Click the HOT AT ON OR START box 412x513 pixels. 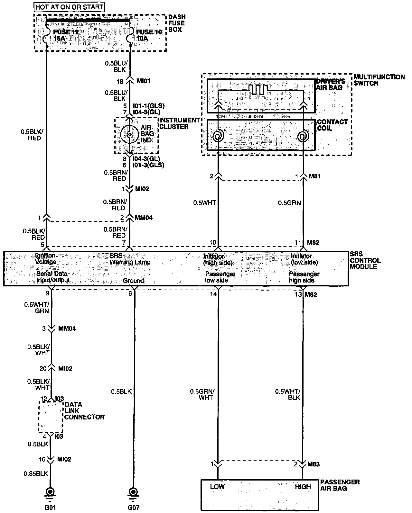(x=70, y=6)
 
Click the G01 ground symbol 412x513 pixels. (x=50, y=492)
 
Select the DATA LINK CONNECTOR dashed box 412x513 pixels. (x=50, y=417)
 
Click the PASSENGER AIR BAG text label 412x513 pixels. (x=340, y=485)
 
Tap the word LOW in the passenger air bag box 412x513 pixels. (x=217, y=486)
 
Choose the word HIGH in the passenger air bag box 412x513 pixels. (x=303, y=487)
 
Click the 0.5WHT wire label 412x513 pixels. (x=204, y=203)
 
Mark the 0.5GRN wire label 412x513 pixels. (x=289, y=203)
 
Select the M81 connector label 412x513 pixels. (x=314, y=176)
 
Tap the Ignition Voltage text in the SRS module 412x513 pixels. (x=45, y=259)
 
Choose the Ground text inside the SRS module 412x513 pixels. (x=133, y=281)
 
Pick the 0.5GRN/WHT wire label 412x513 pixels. (x=202, y=394)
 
